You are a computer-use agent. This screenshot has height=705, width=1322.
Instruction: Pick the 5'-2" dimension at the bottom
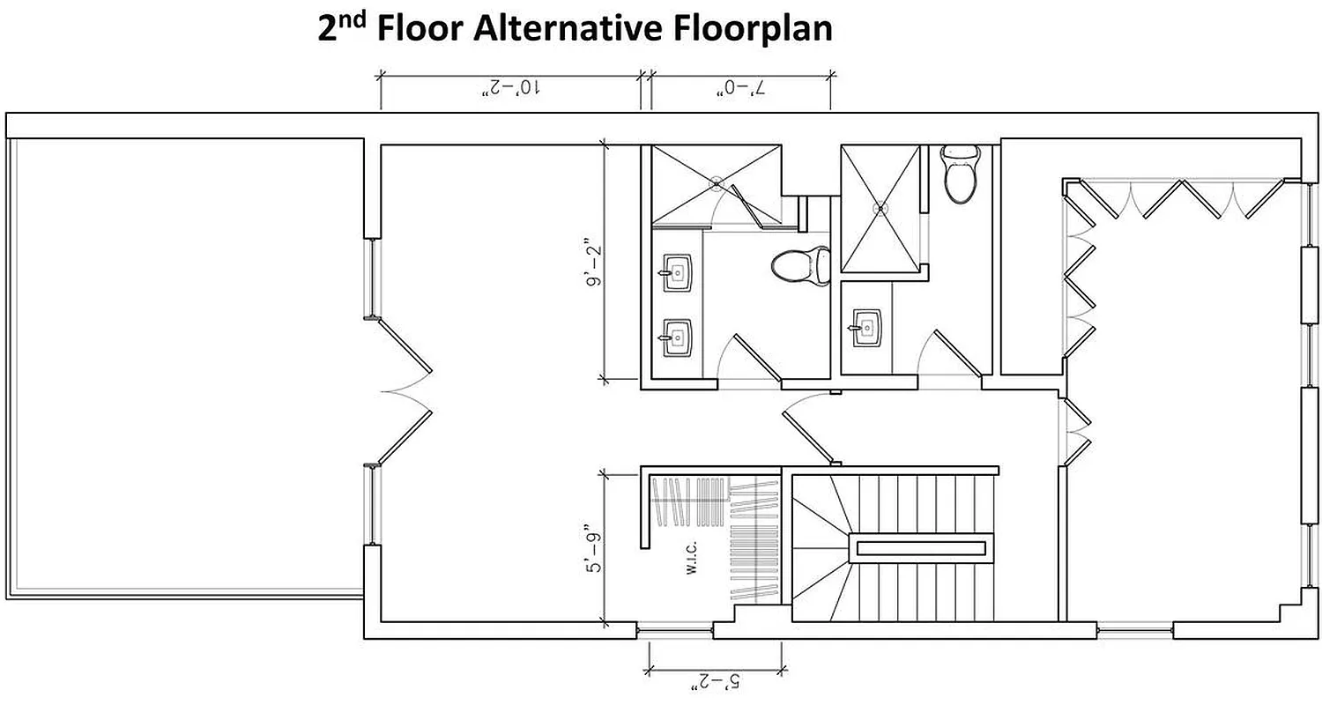click(x=715, y=681)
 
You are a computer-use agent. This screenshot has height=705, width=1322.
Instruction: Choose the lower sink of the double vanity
click(x=677, y=336)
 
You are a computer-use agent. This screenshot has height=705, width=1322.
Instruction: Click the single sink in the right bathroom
click(x=866, y=327)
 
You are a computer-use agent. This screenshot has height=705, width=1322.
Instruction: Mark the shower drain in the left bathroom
click(x=717, y=184)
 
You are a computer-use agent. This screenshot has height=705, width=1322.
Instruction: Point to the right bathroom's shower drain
click(x=879, y=209)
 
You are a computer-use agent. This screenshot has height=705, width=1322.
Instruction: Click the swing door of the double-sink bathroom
click(x=756, y=359)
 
